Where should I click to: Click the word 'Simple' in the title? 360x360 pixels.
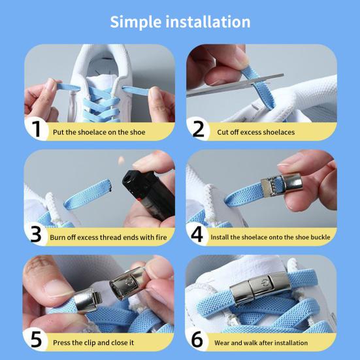coord(135,22)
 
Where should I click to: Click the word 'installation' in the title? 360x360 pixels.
coord(208,22)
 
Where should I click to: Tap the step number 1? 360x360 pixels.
coord(37,129)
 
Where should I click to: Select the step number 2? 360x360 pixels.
coord(198,129)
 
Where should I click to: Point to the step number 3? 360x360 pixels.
coord(36,234)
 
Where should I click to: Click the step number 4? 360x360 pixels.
coord(197,234)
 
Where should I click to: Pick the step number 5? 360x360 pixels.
coord(37,339)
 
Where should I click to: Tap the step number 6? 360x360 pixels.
coord(197,339)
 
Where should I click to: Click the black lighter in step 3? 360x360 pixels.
coord(149,194)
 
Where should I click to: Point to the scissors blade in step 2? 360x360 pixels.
coord(235,85)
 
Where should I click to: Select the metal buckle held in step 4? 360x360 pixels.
coord(281,184)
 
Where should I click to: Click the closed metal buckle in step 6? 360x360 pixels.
coord(260,288)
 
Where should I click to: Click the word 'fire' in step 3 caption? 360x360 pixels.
coord(161,237)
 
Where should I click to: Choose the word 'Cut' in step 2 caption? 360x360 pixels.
coord(222,132)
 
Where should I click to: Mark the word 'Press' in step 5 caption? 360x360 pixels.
coord(61,342)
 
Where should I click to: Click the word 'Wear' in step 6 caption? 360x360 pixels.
coord(222,343)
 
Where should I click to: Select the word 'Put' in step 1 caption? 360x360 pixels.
coord(58,132)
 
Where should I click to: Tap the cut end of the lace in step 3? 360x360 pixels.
coord(110,185)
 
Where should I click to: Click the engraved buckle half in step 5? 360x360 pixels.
coord(127,283)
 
